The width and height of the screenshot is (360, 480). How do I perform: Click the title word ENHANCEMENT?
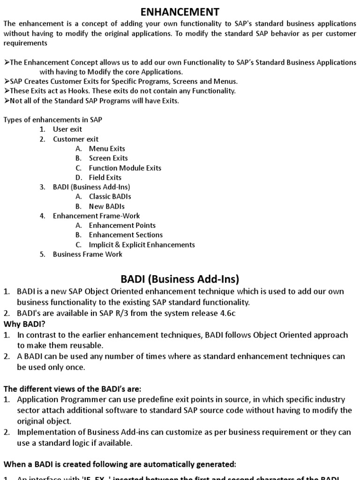coord(180,11)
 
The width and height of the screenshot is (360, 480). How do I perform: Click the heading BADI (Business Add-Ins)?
coord(180,279)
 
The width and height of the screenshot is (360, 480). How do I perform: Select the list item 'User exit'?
coord(67,129)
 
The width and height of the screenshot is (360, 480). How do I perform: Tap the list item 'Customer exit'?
coord(75,139)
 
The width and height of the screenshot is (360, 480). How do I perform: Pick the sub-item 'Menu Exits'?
coord(107,149)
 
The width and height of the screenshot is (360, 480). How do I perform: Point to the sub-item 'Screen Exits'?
coord(108,158)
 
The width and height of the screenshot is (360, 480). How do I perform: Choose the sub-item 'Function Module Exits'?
coord(125,168)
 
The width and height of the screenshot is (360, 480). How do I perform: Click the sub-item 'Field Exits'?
coord(105,177)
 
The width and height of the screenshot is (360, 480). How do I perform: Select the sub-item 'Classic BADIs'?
coord(110,196)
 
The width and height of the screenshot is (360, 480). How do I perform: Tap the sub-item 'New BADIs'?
coord(107,206)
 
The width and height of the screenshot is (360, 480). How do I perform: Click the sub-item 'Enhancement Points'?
coord(122,225)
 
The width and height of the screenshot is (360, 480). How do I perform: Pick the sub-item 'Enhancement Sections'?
coord(126,235)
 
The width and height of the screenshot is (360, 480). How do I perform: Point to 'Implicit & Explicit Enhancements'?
coord(142,245)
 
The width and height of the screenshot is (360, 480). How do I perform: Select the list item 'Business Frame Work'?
coord(88,254)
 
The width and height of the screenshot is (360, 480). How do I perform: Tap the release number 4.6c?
coord(225,313)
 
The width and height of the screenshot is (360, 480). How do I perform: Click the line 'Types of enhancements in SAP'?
coord(53,120)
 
